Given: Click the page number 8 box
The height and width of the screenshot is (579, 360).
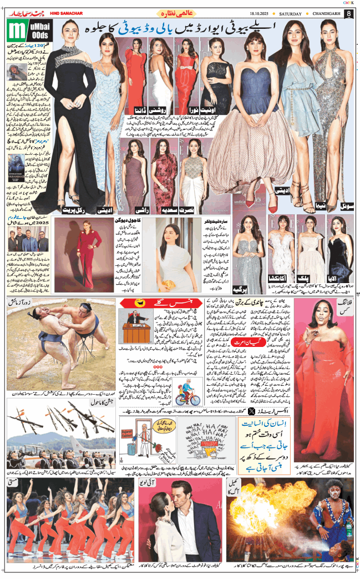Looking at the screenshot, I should point(348,13).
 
